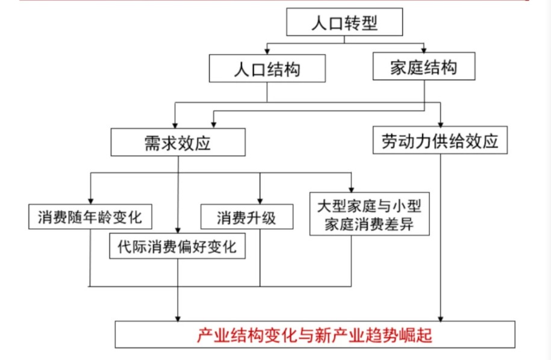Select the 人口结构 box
(x=267, y=69)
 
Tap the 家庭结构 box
(x=424, y=67)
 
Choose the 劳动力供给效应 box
(x=440, y=141)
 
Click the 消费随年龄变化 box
(x=90, y=217)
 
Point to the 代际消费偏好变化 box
(x=178, y=246)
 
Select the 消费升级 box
(x=246, y=217)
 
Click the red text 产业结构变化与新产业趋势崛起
(x=314, y=335)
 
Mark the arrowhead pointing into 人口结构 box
(x=267, y=51)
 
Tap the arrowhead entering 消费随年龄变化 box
(x=90, y=200)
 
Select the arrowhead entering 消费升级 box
(x=260, y=200)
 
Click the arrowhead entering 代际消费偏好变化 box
(x=178, y=230)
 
